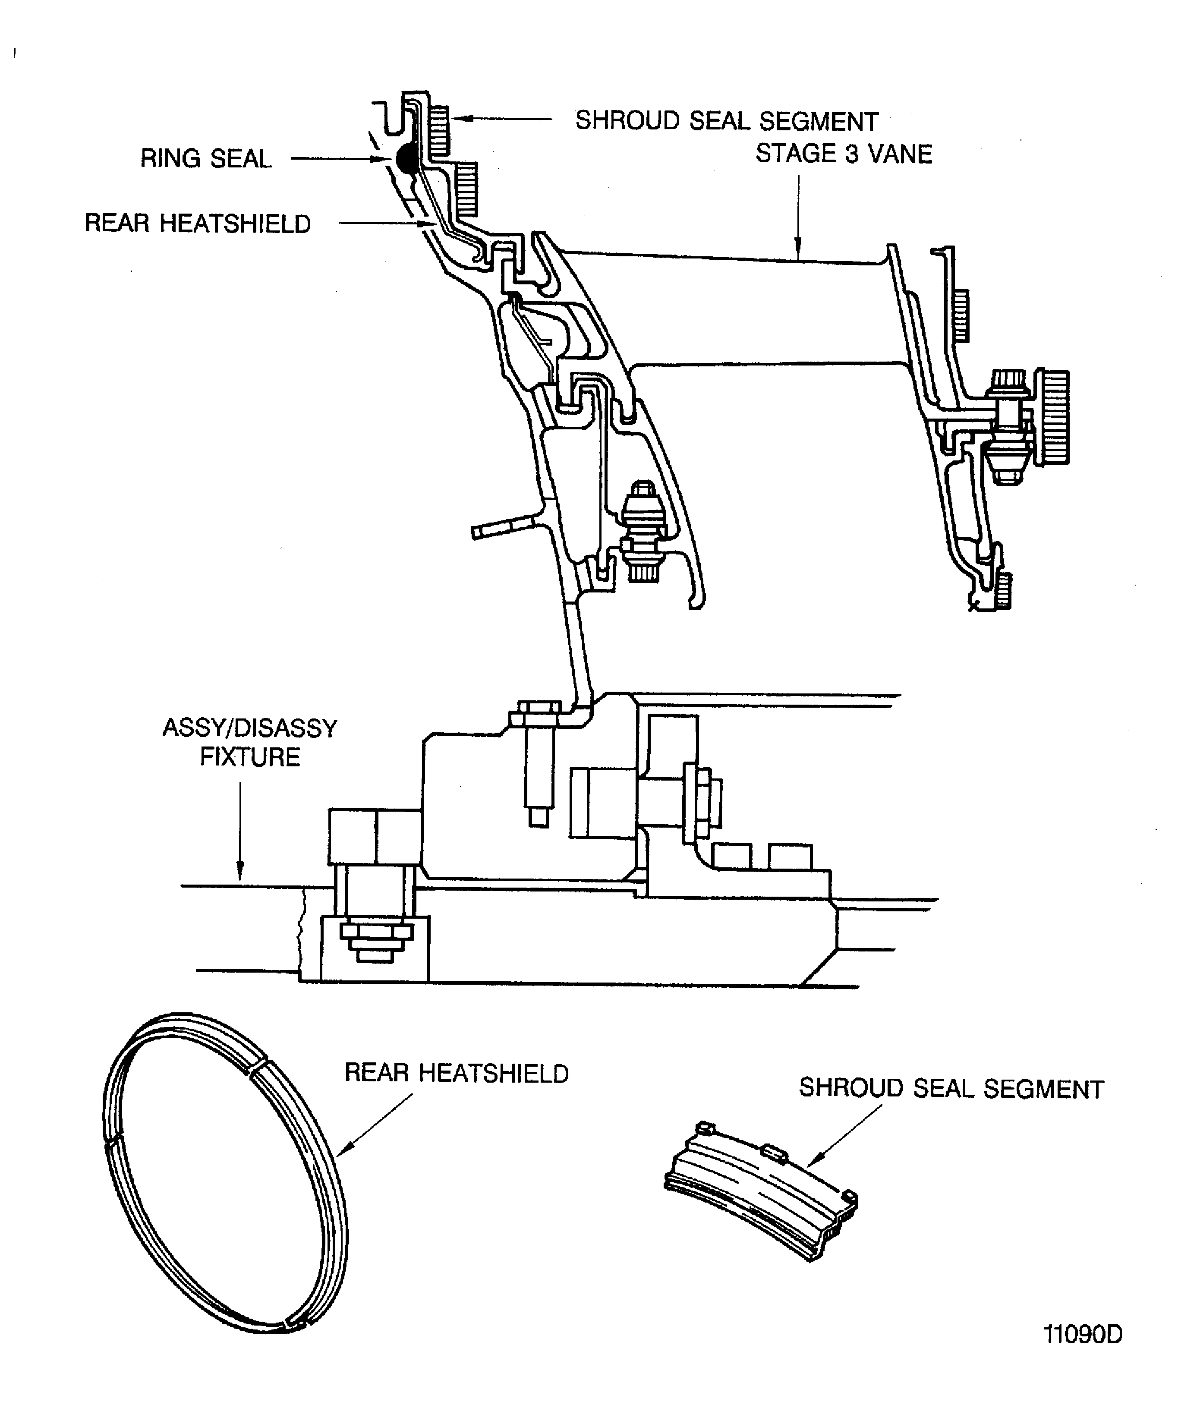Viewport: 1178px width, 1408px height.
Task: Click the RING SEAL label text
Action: click(206, 159)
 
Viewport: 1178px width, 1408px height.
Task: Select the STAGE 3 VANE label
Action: click(844, 154)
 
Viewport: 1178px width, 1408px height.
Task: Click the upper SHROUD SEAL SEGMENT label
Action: click(727, 121)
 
